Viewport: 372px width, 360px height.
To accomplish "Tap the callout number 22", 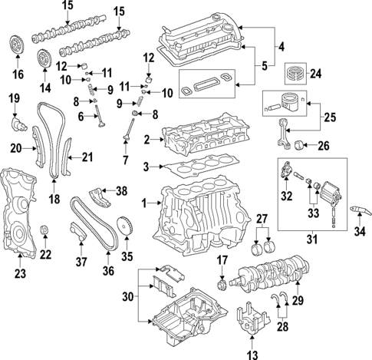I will click(x=46, y=255).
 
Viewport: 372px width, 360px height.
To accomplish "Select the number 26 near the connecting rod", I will click(x=323, y=145).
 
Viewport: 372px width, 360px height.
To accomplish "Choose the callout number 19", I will click(x=13, y=97).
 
